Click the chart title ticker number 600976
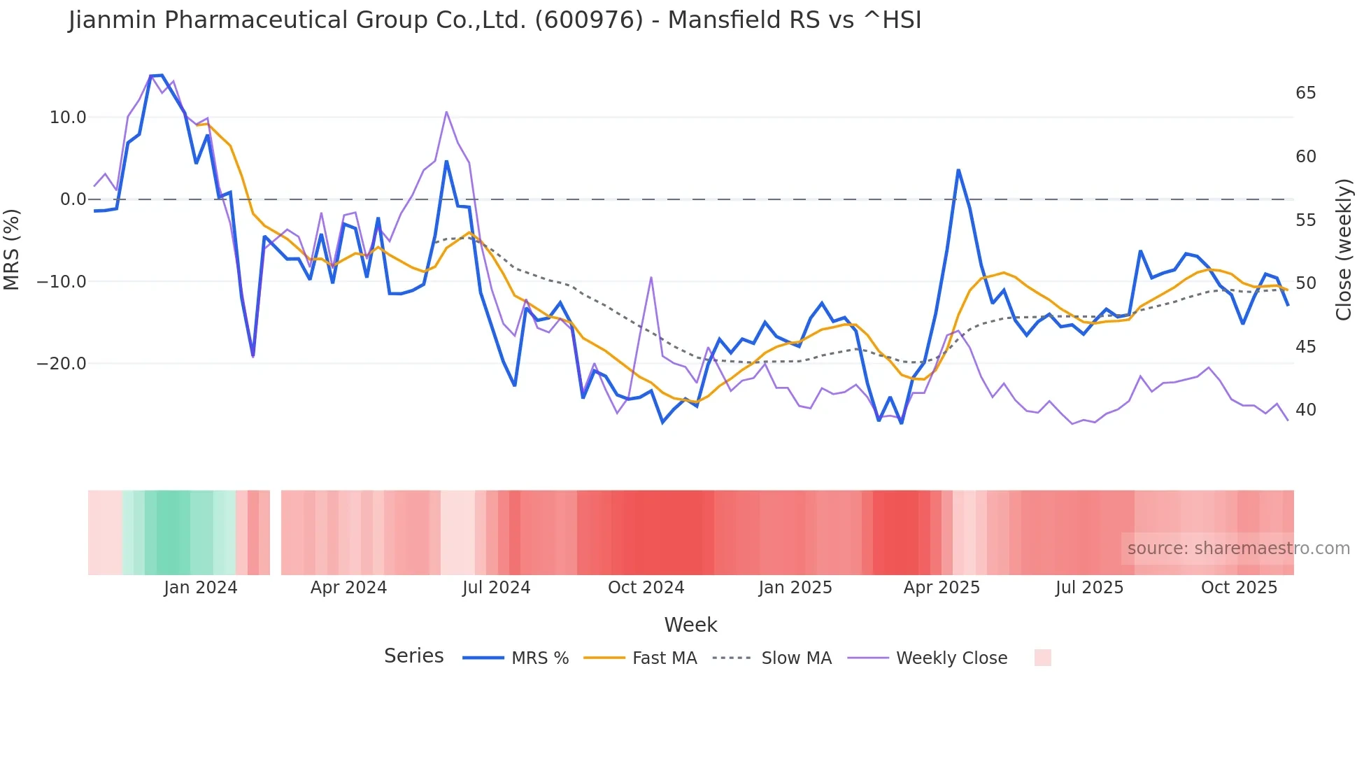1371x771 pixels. [x=589, y=20]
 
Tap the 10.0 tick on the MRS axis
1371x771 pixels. [x=68, y=118]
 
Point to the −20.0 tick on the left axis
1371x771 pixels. [x=62, y=364]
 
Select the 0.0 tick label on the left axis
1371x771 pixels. [x=73, y=199]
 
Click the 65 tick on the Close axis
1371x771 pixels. [x=1305, y=93]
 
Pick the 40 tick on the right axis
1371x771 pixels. [x=1305, y=410]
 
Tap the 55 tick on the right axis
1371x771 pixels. [x=1305, y=220]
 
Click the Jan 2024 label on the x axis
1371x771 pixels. [x=201, y=588]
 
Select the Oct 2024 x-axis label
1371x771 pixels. [x=646, y=588]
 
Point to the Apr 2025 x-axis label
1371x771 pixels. [x=942, y=588]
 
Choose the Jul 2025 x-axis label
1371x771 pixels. [x=1089, y=588]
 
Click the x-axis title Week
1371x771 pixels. [x=690, y=625]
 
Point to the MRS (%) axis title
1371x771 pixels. [x=12, y=250]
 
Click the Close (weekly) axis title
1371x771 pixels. [x=1343, y=250]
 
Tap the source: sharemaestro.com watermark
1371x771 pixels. [x=1238, y=549]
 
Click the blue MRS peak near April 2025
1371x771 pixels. [x=958, y=170]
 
